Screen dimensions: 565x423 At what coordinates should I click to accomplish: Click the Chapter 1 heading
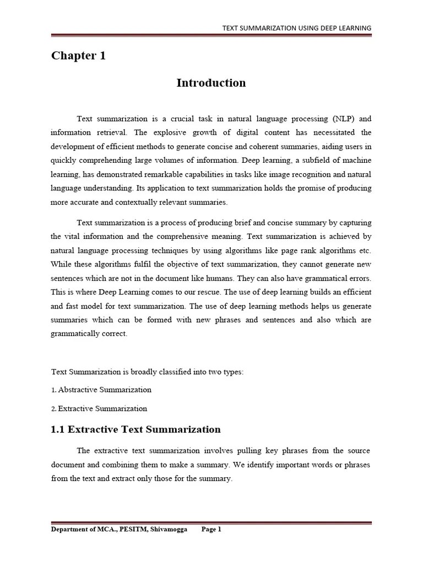(x=78, y=56)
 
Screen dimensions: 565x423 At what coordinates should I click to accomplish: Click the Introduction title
(x=211, y=83)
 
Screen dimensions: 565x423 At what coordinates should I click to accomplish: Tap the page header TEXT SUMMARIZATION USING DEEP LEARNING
(x=296, y=28)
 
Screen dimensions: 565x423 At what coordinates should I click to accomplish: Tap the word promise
(x=321, y=188)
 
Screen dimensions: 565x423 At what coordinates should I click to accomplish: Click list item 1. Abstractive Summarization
(x=101, y=390)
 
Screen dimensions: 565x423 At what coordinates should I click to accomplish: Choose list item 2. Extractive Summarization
(x=99, y=409)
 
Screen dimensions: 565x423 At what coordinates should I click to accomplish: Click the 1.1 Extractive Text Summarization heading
(x=136, y=429)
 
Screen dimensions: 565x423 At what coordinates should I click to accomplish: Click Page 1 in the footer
(x=211, y=529)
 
